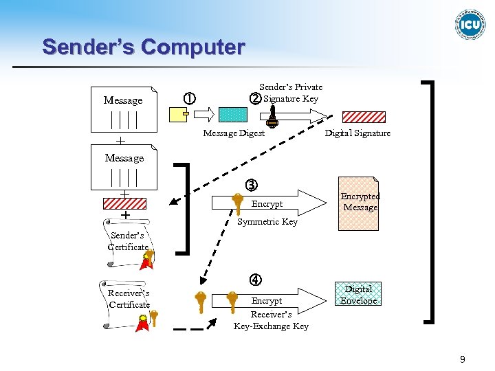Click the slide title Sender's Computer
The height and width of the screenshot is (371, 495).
143,47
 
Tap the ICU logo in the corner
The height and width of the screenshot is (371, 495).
470,25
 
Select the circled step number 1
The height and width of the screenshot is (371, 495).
188,98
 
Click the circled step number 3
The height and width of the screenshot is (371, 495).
252,185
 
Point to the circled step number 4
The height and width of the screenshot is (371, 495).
255,280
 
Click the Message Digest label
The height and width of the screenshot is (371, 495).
234,133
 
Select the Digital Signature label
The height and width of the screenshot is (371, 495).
357,133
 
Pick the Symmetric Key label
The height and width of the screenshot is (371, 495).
267,222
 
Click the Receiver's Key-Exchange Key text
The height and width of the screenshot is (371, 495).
271,321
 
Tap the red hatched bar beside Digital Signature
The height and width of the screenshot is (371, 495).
364,116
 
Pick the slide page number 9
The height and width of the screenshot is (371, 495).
463,359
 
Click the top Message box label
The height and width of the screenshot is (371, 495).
123,100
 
